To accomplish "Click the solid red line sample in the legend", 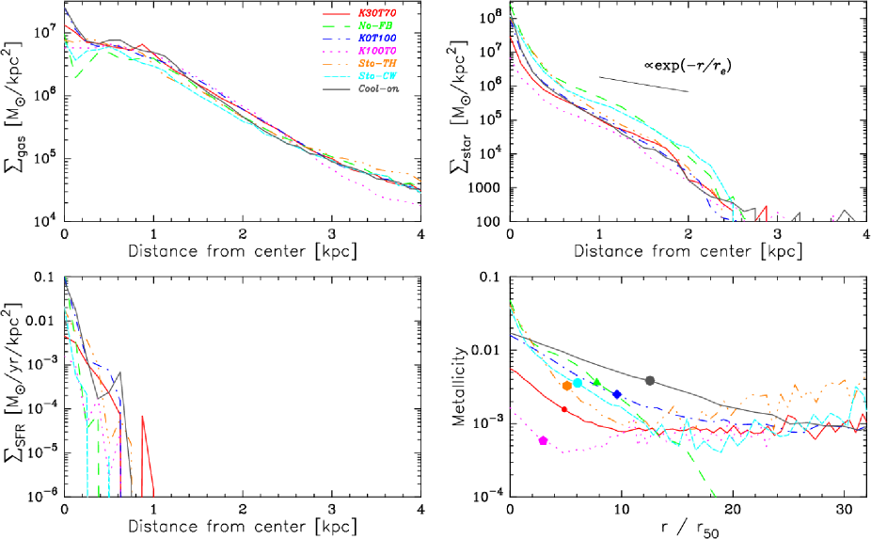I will click(337, 13).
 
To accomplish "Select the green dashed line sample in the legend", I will click(337, 25).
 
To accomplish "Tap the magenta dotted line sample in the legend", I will click(337, 51).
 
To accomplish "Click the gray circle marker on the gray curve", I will click(650, 380).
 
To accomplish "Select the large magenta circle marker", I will click(543, 440).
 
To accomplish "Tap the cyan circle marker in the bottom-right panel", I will click(578, 384).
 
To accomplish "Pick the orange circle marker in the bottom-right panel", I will click(566, 385).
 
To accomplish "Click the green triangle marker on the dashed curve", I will click(597, 382).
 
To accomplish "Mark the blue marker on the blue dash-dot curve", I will click(617, 395).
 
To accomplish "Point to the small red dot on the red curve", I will click(564, 409).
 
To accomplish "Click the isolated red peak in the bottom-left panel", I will click(142, 417).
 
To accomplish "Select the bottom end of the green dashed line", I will click(714, 495).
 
